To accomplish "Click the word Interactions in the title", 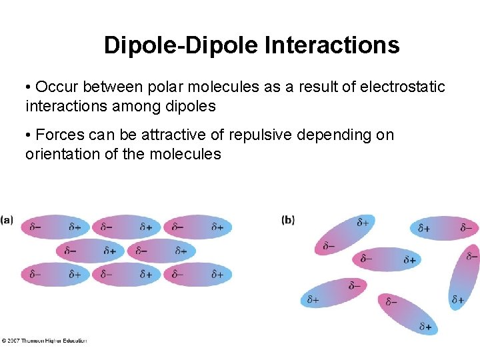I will (332, 45).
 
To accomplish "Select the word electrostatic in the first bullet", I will (401, 87).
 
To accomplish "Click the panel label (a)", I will (7, 219).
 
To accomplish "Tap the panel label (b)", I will (288, 219).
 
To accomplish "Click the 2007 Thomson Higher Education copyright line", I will (44, 341).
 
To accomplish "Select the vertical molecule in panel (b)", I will (464, 277).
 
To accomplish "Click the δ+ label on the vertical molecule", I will (458, 299).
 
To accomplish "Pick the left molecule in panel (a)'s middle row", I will (91, 251).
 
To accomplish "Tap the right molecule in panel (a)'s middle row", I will (161, 251).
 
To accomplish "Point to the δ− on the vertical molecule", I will (471, 256).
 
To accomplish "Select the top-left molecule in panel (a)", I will (55, 227).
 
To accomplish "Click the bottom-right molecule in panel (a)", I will (197, 274).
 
